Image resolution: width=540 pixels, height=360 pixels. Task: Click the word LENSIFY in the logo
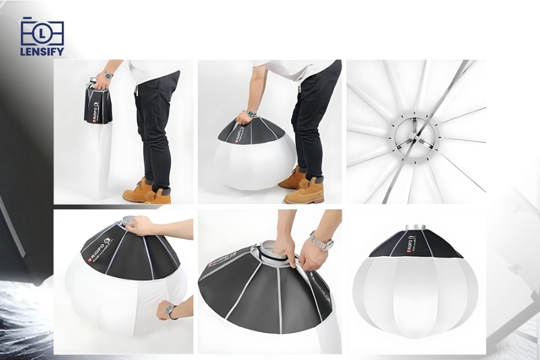click(42, 52)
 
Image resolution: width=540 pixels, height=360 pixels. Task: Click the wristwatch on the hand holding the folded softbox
click(108, 75)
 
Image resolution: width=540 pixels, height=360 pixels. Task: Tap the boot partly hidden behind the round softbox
click(292, 178)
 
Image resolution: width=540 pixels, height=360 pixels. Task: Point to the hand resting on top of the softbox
click(140, 226)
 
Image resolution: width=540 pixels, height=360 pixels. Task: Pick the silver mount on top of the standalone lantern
click(415, 229)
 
